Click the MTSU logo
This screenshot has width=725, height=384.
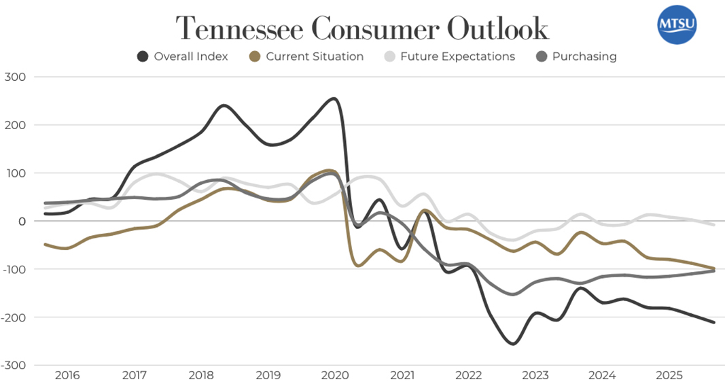coord(677,25)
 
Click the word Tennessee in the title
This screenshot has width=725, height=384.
coord(240,29)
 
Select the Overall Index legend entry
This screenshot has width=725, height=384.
coord(182,56)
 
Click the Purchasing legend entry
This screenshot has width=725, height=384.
coord(576,56)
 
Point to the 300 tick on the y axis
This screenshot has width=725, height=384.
coord(16,77)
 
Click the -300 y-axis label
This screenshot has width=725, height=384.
coord(13,366)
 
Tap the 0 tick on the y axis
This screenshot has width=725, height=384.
coord(22,222)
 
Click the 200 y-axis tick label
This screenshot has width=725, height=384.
coord(16,125)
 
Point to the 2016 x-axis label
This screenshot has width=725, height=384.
coord(67,375)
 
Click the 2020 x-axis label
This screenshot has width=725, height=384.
coord(335,375)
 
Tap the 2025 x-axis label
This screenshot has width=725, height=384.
coord(670,375)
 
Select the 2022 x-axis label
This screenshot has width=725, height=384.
coord(469,375)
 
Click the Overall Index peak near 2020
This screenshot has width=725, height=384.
coord(333,99)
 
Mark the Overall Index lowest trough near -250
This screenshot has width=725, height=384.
coord(512,344)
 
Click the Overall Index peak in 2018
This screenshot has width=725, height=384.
coord(224,105)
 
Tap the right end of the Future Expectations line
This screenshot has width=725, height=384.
coord(714,224)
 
